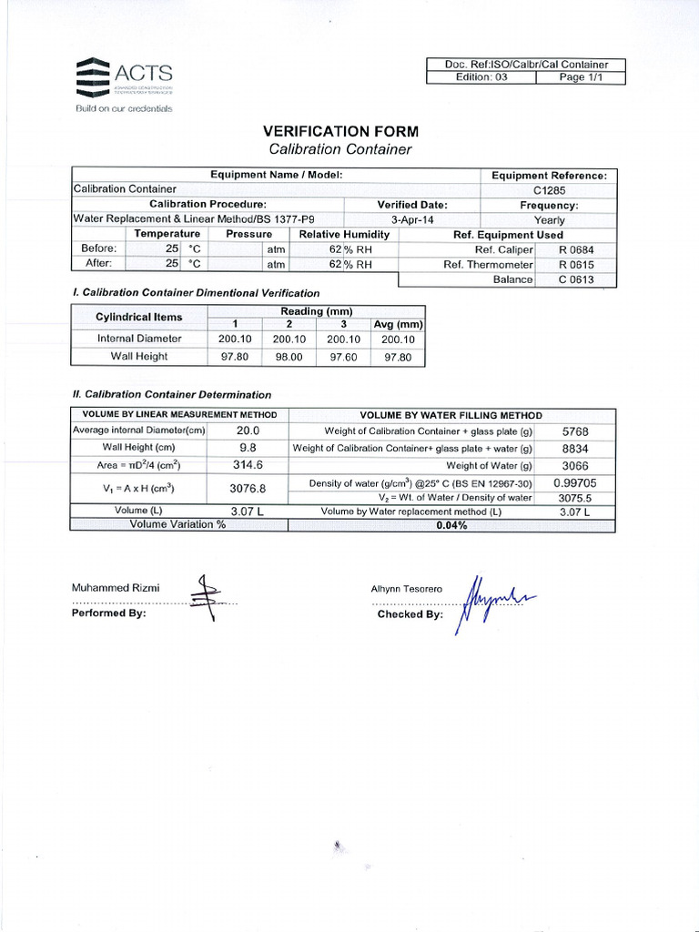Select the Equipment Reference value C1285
pos(549,190)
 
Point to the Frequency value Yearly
pos(549,220)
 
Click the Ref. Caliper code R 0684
pos(575,249)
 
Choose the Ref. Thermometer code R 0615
pos(575,265)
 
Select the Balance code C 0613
pos(575,279)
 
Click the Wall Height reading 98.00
pos(289,357)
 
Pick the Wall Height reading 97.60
pos(343,357)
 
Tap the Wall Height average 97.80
pos(398,357)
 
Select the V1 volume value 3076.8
pos(248,489)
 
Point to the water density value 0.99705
pos(575,482)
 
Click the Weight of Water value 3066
pos(575,466)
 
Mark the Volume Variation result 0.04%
pos(451,525)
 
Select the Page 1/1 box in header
pos(580,78)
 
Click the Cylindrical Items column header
pos(139,318)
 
